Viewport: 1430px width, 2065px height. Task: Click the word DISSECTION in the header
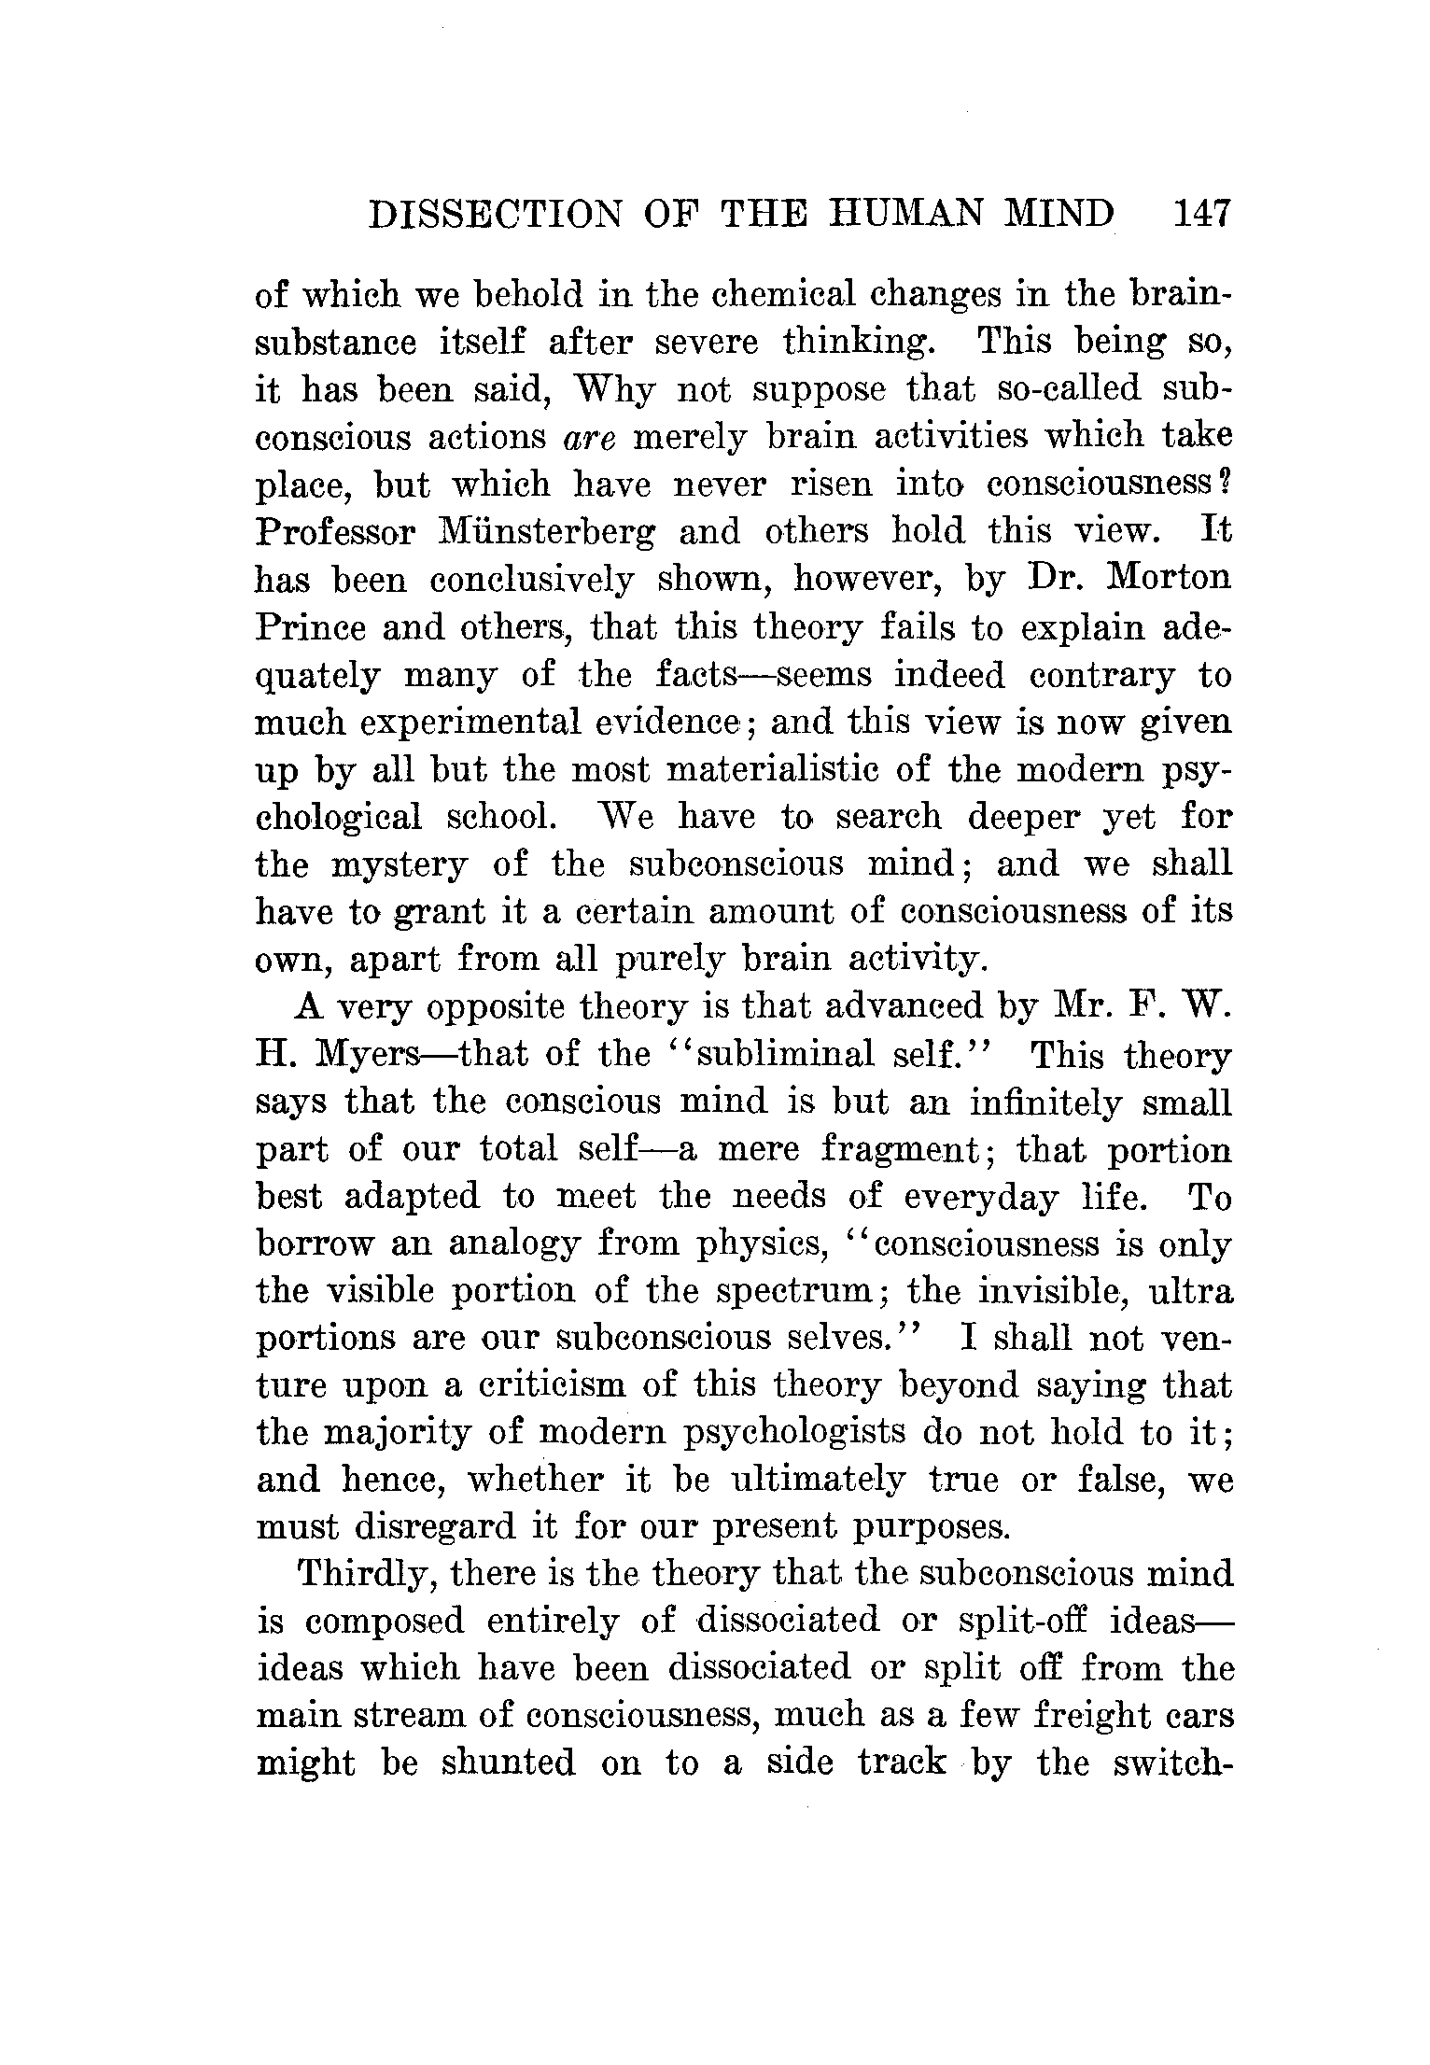coord(495,214)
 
